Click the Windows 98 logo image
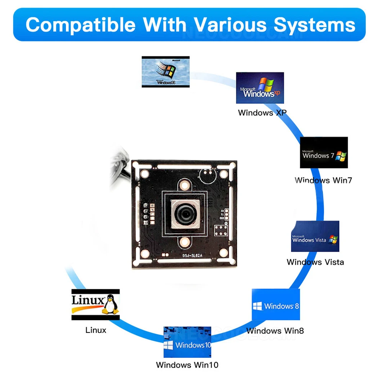click(165, 72)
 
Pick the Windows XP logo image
click(260, 88)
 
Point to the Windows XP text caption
click(262, 113)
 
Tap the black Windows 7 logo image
click(324, 152)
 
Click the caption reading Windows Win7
click(323, 180)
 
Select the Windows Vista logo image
click(315, 236)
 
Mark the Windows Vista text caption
click(315, 262)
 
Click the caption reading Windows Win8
click(275, 331)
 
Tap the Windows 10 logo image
click(187, 342)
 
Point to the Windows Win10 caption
click(187, 365)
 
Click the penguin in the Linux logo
click(111, 304)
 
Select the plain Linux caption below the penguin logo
click(96, 330)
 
